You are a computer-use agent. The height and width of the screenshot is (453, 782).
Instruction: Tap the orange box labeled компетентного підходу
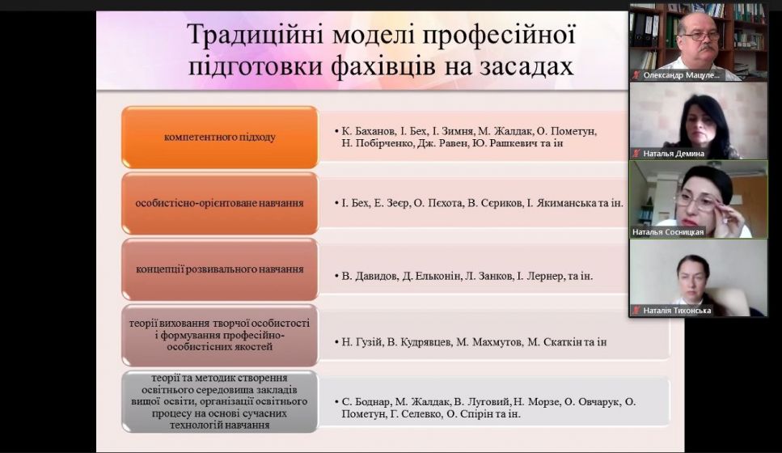[219, 137]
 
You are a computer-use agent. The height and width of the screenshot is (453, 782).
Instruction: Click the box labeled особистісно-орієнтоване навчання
[219, 202]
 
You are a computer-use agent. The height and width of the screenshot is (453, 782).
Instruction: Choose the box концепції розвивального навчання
[219, 269]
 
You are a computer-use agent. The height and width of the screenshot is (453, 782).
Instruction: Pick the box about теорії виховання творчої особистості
[219, 334]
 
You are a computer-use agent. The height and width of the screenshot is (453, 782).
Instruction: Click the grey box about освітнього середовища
[219, 401]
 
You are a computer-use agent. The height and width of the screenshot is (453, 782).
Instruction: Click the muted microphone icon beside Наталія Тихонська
[636, 310]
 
